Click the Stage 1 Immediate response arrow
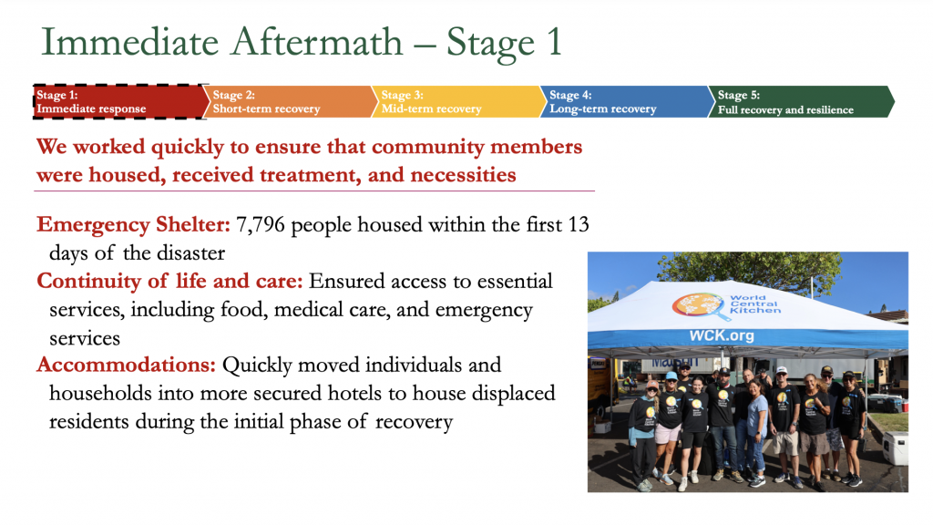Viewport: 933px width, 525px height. point(119,102)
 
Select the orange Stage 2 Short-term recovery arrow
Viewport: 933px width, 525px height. point(290,102)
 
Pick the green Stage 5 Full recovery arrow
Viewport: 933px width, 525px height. point(800,102)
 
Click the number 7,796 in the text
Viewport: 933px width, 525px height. point(261,225)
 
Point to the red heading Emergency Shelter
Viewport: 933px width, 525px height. point(133,224)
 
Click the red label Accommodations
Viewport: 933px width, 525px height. point(126,365)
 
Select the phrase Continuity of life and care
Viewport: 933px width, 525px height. point(169,281)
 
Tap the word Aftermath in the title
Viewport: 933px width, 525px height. point(317,42)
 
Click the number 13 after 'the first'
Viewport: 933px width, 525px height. point(579,225)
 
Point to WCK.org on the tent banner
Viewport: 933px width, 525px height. point(722,335)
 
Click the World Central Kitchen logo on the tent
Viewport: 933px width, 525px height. point(726,305)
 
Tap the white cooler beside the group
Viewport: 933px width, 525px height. point(896,448)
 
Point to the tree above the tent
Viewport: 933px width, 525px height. point(750,269)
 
